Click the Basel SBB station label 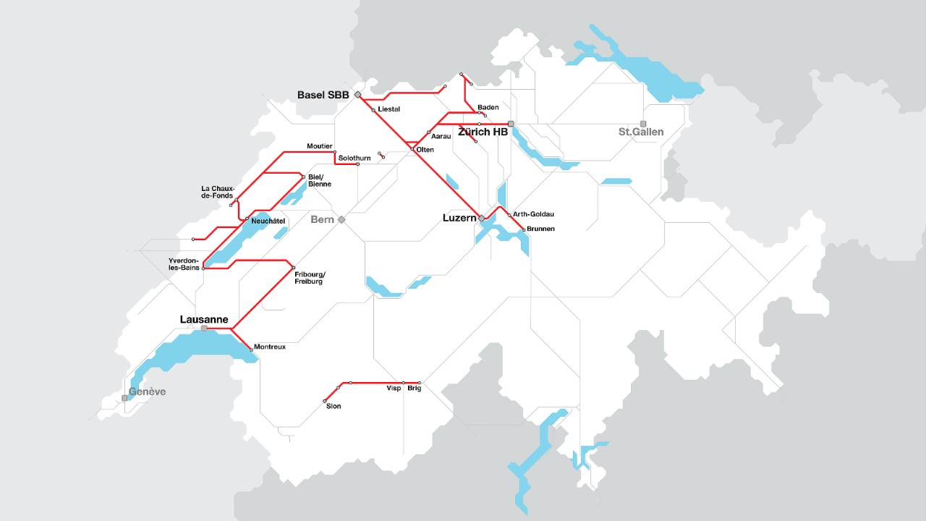coord(323,95)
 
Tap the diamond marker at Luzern coord(482,218)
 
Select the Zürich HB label coord(483,132)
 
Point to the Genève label coord(147,391)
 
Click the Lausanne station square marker coord(204,329)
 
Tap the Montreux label coord(270,347)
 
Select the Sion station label coord(334,407)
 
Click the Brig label coord(415,389)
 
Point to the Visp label coord(394,389)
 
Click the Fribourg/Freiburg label coord(310,277)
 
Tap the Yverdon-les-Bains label coord(184,263)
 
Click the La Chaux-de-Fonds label coord(218,192)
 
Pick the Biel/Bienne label coord(320,180)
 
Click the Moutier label coord(319,146)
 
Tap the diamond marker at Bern coord(341,219)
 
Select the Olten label coord(425,150)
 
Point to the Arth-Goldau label coord(533,214)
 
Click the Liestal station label coord(389,109)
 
